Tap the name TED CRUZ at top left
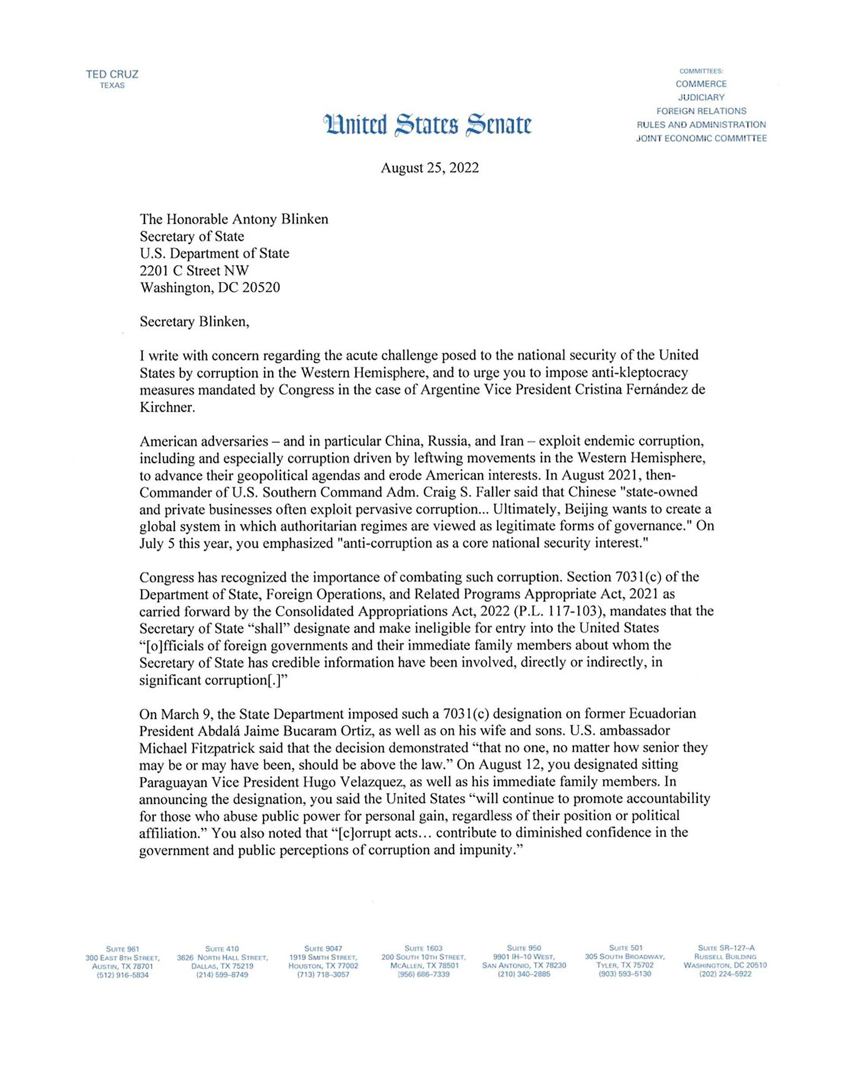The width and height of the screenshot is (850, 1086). [x=112, y=75]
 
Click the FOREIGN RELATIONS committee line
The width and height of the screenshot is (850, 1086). [x=701, y=111]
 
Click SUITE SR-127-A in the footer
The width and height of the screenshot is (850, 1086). [x=726, y=948]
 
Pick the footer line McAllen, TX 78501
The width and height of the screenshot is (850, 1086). [x=424, y=965]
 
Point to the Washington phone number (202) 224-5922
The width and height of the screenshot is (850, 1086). [x=725, y=974]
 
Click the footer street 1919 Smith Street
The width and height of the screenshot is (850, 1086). [x=323, y=957]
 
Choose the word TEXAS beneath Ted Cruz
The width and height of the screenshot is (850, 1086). [x=112, y=86]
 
